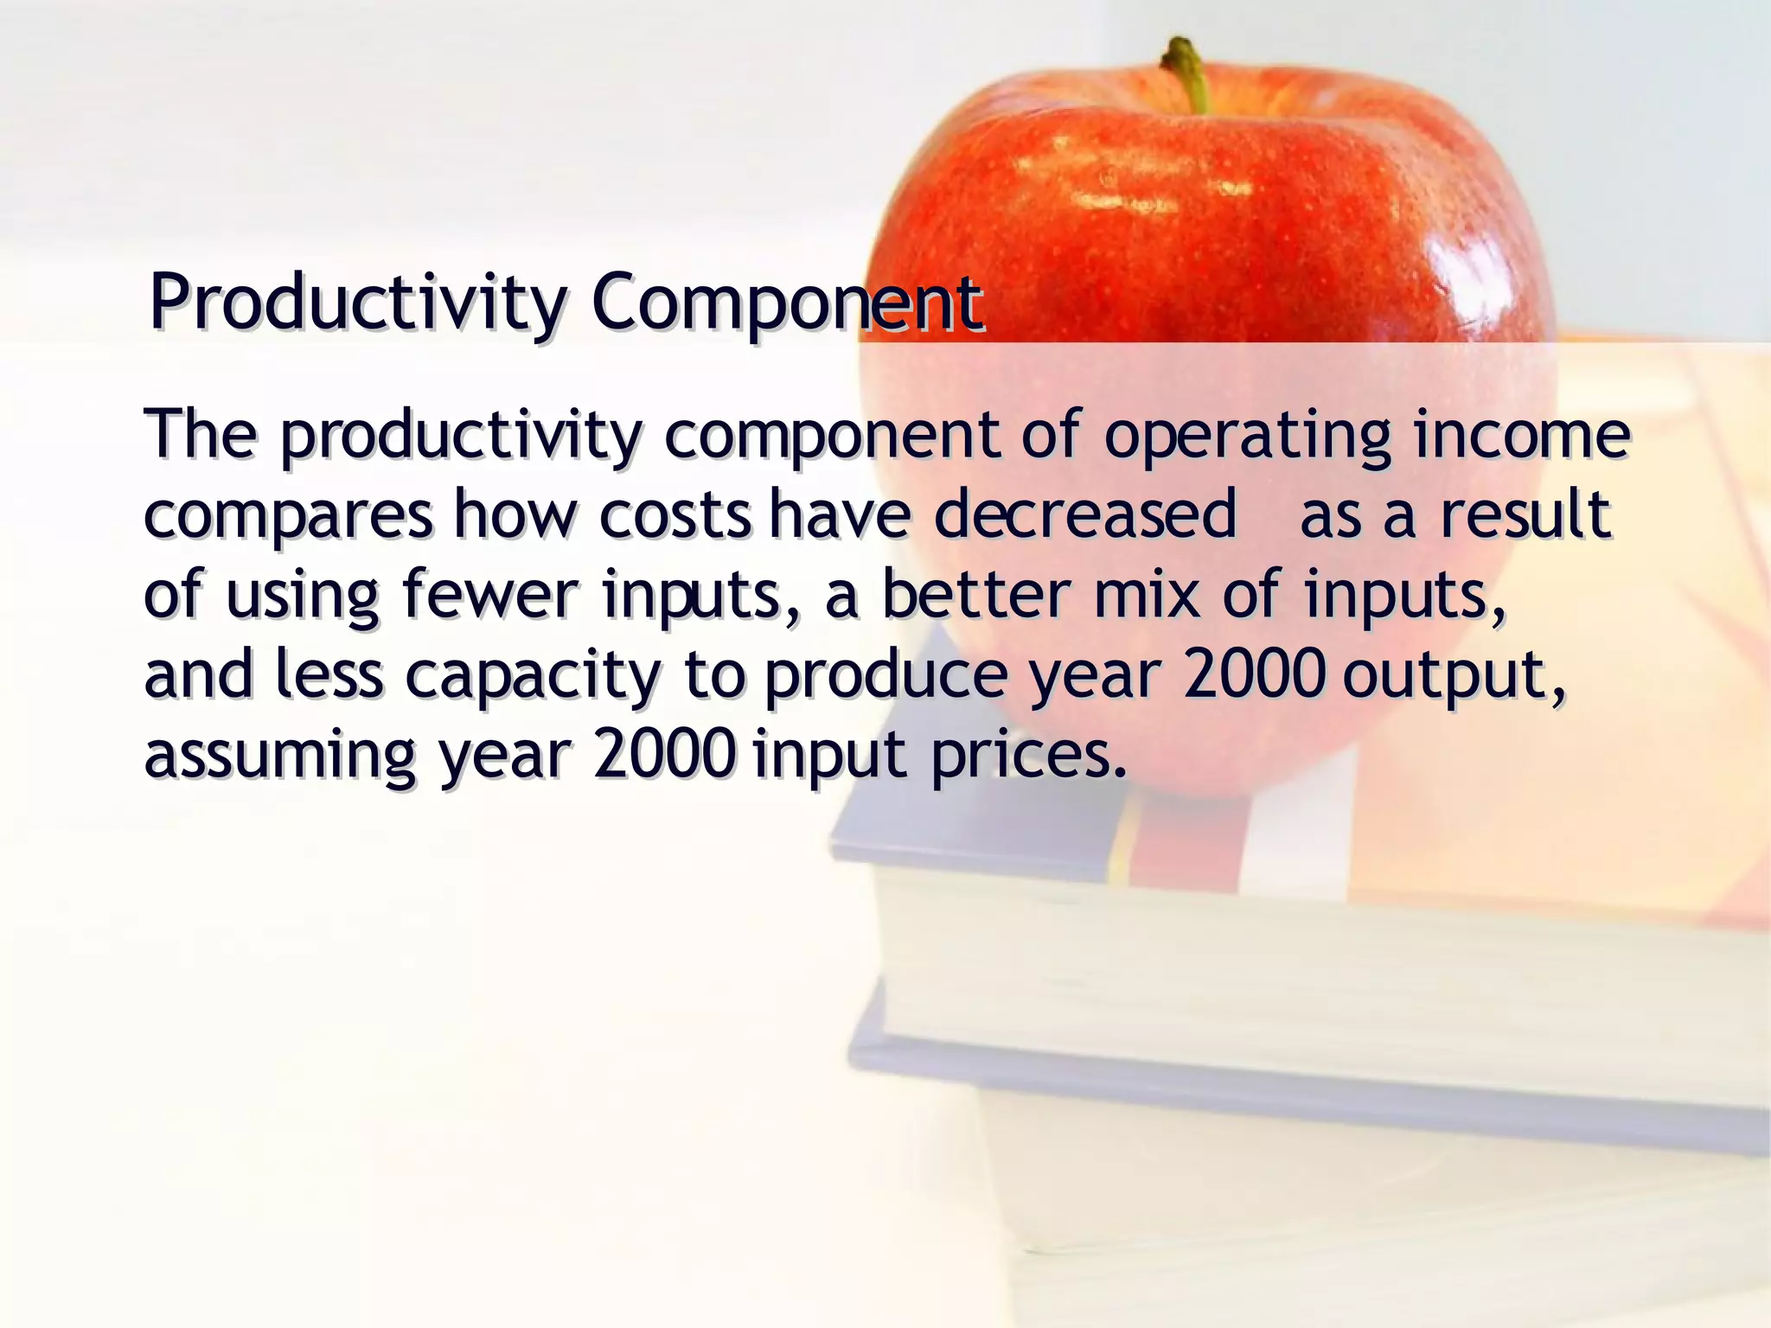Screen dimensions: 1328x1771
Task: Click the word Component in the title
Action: [787, 303]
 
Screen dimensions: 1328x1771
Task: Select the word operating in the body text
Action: [1247, 436]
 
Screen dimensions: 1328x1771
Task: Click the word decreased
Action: [1085, 514]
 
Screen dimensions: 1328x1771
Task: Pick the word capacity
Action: [533, 676]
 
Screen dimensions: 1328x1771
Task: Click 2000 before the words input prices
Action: [664, 754]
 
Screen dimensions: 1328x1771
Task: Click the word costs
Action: [675, 516]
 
